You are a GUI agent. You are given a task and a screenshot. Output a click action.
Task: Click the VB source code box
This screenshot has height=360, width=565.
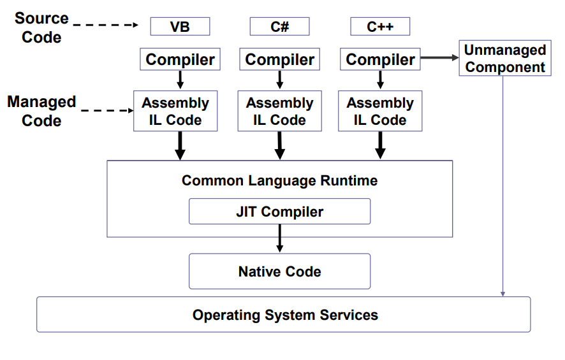[x=180, y=27]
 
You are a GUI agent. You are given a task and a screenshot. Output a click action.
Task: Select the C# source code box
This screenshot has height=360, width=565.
[x=279, y=27]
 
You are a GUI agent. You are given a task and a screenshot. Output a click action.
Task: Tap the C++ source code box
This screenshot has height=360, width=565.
[x=380, y=27]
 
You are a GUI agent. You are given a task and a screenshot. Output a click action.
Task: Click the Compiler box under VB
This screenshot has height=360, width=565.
[x=180, y=60]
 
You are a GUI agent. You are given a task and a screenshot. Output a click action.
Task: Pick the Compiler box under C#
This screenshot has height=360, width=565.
[x=279, y=60]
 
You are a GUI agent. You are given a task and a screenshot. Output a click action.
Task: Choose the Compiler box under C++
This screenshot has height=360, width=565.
[x=380, y=60]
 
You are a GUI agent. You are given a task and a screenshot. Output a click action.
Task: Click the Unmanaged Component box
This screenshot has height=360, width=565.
[x=504, y=59]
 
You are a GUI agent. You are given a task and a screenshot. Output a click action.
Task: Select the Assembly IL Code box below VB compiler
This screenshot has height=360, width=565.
[x=175, y=111]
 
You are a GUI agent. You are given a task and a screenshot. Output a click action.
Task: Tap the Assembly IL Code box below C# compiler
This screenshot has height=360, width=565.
[x=279, y=111]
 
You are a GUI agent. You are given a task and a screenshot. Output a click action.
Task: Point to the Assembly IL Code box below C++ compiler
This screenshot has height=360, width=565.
[x=380, y=111]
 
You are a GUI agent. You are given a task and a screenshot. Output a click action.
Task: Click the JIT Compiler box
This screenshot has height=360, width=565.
[x=279, y=212]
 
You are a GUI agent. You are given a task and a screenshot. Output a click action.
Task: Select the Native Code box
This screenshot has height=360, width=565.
[x=279, y=271]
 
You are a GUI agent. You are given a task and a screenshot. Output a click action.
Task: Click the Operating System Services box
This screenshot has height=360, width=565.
[x=284, y=315]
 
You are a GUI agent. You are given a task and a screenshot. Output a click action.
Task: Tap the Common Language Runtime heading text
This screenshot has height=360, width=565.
[x=279, y=180]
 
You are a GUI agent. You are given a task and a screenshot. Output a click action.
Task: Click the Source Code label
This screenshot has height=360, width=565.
[x=41, y=28]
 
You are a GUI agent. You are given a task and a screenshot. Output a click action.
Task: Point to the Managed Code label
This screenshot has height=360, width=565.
[x=41, y=111]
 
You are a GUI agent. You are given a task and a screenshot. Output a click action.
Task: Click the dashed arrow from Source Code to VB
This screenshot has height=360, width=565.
[x=106, y=25]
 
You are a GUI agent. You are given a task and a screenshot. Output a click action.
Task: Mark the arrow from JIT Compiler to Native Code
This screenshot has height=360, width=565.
[x=279, y=239]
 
